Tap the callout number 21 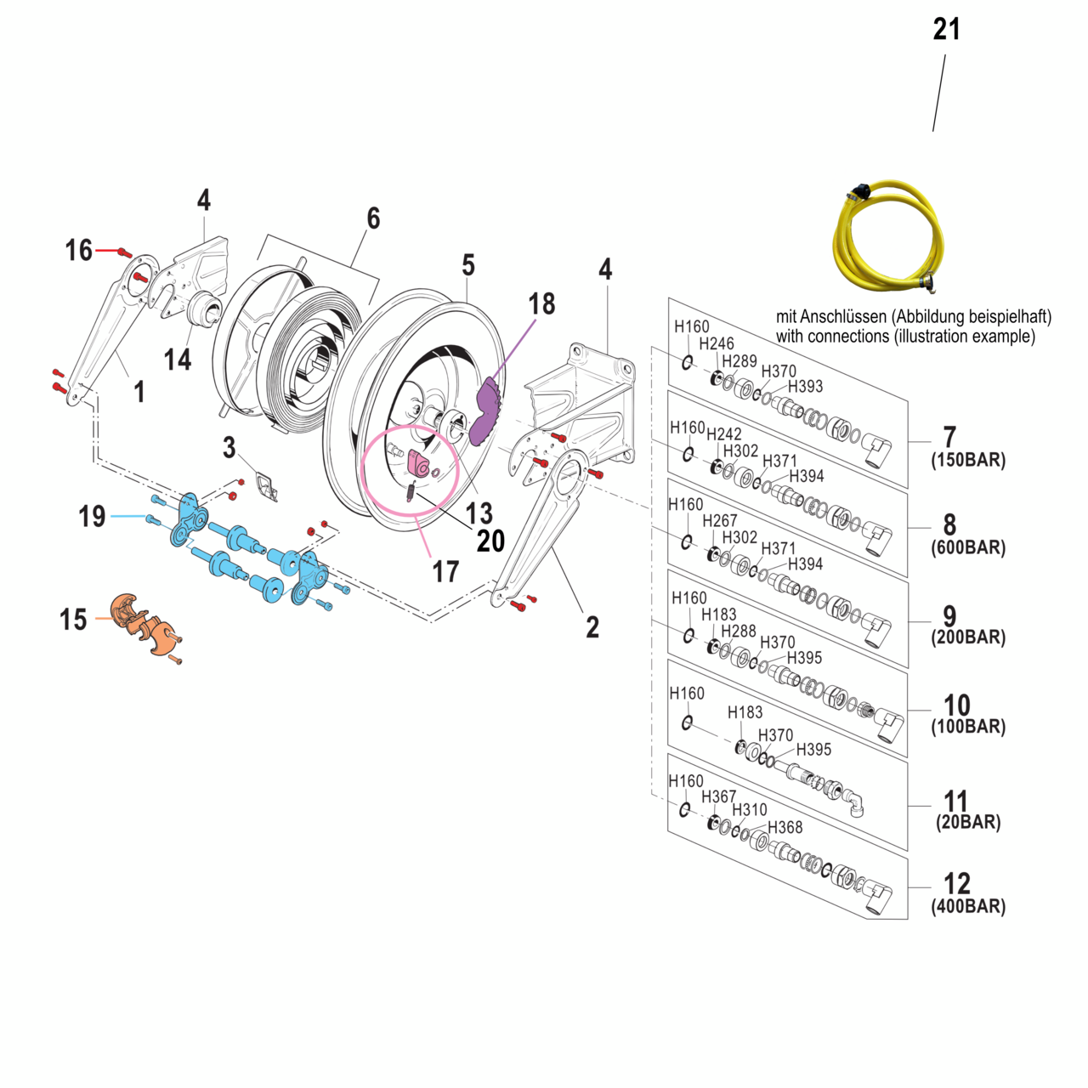[x=946, y=30]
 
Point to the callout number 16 [x=79, y=250]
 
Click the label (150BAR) [x=968, y=461]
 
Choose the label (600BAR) [x=968, y=548]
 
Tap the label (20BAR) [x=968, y=823]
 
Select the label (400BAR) [x=968, y=907]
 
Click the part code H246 [x=716, y=343]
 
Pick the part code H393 [x=805, y=387]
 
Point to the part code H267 [x=719, y=520]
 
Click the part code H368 [x=785, y=827]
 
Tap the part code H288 [x=738, y=631]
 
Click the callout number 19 [x=92, y=516]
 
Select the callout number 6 [x=373, y=218]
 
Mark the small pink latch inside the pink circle [x=419, y=463]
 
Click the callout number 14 [x=178, y=360]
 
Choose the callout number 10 [x=956, y=705]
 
